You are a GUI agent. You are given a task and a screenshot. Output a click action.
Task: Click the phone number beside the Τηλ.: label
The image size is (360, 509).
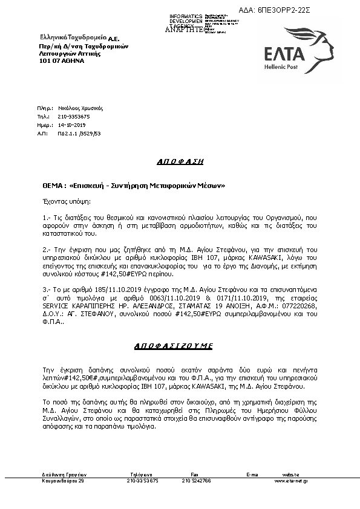(73, 115)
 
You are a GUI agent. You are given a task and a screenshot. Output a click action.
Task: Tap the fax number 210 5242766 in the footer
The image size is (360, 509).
(196, 481)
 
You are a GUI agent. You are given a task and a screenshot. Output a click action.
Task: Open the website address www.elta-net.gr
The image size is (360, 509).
(292, 481)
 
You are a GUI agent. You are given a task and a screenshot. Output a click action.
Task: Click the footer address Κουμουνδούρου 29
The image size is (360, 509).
(64, 481)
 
